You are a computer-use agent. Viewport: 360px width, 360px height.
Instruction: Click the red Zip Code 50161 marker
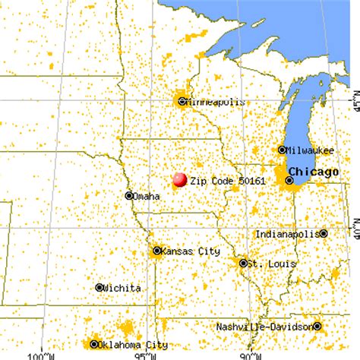coord(180,180)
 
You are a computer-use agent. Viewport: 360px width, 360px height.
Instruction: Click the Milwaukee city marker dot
coord(282,150)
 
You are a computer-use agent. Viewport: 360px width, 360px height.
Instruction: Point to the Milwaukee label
coord(309,150)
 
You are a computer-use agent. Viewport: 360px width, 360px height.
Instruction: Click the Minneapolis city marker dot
coord(182,100)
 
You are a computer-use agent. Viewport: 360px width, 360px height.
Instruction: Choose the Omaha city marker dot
coord(128,195)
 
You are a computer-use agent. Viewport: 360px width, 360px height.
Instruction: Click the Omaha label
coord(147,197)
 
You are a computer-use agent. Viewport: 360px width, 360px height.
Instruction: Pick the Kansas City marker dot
coord(157,251)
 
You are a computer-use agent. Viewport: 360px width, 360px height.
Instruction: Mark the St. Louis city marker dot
coord(244,264)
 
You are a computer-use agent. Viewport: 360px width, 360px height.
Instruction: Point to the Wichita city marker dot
coord(99,287)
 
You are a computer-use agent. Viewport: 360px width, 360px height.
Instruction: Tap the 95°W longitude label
coord(142,354)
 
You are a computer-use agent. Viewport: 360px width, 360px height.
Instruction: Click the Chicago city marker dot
coord(289,180)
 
